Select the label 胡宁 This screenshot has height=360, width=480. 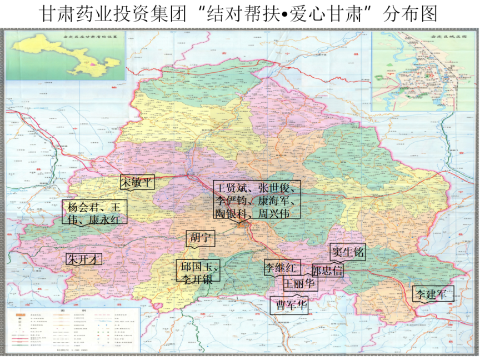click(199, 239)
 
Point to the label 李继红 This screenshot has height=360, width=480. click(283, 267)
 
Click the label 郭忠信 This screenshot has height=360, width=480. click(328, 271)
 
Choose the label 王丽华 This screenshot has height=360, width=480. click(300, 284)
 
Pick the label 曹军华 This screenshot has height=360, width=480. click(289, 306)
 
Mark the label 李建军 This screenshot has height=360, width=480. click(432, 294)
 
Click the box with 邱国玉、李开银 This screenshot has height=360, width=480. click(198, 273)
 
